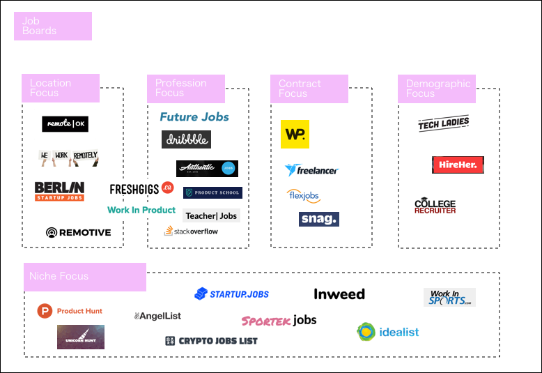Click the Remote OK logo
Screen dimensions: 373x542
point(65,124)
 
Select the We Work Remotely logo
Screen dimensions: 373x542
point(68,158)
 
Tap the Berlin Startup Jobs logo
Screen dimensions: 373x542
point(59,191)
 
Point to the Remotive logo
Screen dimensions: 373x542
point(78,232)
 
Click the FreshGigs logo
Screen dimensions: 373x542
point(141,188)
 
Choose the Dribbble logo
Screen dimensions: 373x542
point(186,139)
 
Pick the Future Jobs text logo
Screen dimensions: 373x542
point(194,117)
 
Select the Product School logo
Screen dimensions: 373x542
point(212,192)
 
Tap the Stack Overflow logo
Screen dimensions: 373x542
point(191,231)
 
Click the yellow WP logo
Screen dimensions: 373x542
point(295,134)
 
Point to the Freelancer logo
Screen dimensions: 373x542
point(311,169)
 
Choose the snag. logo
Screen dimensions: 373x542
point(319,219)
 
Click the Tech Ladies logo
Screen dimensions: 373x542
point(444,123)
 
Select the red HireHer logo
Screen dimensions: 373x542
point(458,165)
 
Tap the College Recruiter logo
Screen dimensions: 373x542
point(435,206)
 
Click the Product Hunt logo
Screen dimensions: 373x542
point(70,311)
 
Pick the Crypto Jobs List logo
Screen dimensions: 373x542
point(211,341)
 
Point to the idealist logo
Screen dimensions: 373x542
point(387,332)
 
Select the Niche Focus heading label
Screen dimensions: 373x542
point(85,277)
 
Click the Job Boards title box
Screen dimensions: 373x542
point(53,26)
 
